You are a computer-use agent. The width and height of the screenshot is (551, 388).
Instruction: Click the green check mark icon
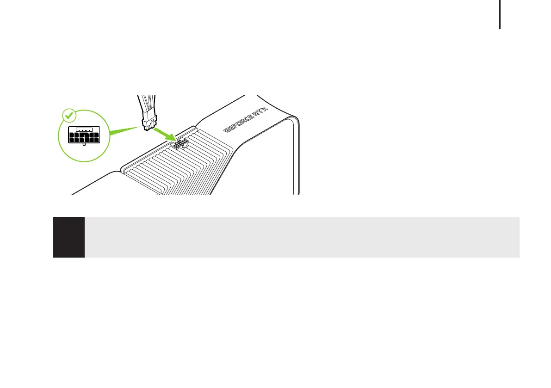68,115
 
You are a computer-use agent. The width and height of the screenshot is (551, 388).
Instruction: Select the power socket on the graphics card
180,143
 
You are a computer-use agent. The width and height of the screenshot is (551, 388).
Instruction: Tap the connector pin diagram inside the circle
83,135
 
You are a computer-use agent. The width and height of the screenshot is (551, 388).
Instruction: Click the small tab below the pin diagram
83,144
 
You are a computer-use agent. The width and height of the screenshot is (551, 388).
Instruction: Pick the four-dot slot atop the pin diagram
83,129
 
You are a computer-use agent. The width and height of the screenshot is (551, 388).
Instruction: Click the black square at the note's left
69,237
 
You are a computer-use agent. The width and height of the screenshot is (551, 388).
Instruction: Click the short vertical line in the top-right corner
500,14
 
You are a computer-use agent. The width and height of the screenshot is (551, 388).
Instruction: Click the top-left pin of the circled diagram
72,135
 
